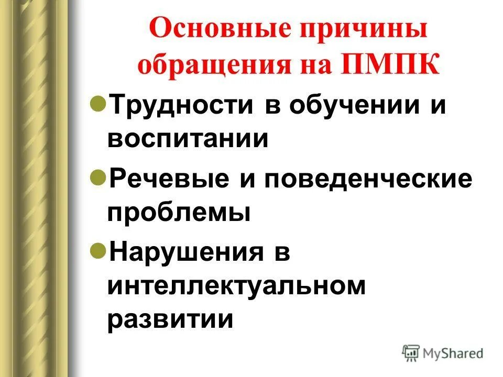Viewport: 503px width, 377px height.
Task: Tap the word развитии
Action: click(170, 318)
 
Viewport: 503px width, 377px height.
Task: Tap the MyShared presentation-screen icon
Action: click(411, 353)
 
